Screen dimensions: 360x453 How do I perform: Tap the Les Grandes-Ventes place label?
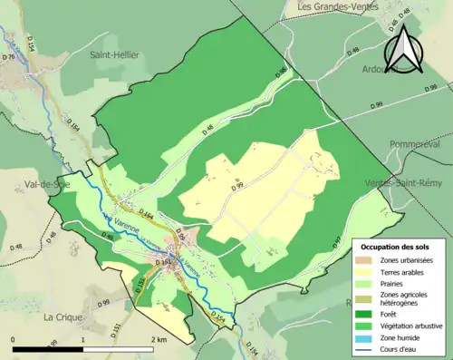[x=337, y=8]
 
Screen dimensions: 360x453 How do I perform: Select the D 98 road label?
[x=282, y=72]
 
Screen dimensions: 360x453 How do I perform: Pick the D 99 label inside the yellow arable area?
[x=237, y=187]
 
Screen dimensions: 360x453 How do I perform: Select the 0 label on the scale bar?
[x=13, y=339]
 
